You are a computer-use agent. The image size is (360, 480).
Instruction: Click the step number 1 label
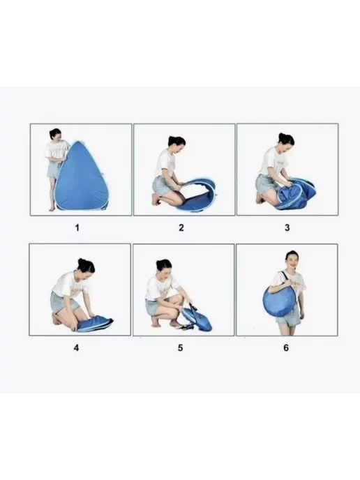coord(77,227)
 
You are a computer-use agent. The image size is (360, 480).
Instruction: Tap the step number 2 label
coord(181,227)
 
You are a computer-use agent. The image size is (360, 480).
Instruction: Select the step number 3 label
coord(287,227)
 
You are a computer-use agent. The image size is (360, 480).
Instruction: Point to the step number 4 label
coord(76,347)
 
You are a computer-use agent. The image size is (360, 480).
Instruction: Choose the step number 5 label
coord(180,347)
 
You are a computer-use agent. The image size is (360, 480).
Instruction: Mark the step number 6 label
coord(286,347)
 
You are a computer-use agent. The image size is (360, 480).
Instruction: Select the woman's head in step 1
coord(55,135)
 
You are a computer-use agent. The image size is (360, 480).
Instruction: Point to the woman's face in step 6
coord(292,260)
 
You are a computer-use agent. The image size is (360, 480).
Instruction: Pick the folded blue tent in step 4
coord(95,323)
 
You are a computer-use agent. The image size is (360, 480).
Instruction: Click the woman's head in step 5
coord(165,267)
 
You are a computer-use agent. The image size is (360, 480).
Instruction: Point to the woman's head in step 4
coord(87,267)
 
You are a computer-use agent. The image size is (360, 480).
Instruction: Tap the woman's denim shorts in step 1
coord(52,170)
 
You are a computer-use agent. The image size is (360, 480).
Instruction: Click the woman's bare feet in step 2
coord(156,200)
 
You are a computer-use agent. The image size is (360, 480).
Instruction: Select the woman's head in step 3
coord(286,142)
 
